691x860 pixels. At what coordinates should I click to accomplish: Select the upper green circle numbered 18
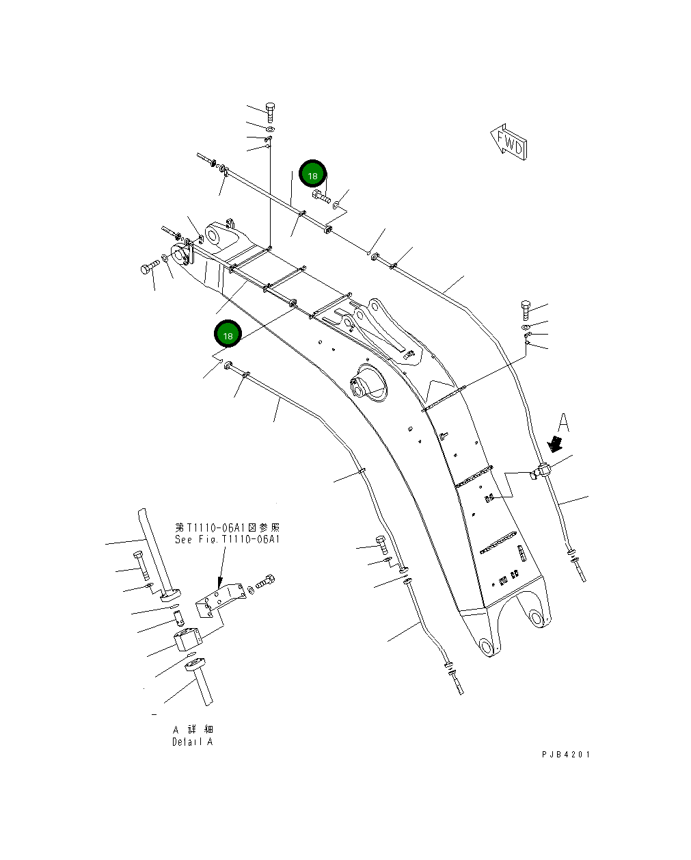coord(312,175)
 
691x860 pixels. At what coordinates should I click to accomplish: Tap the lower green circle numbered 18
coord(228,335)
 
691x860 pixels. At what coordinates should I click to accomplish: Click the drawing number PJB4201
coord(566,754)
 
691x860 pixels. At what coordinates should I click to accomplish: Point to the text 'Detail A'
coord(192,742)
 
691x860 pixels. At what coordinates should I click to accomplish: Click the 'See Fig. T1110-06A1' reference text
coord(227,539)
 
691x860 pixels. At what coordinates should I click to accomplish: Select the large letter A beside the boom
coord(563,422)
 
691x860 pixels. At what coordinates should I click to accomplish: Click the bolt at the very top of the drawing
coord(269,111)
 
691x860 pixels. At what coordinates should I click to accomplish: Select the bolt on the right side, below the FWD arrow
coord(526,310)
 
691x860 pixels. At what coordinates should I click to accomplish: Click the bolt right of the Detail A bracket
coord(267,582)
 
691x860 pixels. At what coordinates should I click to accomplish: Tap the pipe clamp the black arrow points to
coord(543,471)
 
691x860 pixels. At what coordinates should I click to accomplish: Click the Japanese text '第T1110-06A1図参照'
coord(227,528)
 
